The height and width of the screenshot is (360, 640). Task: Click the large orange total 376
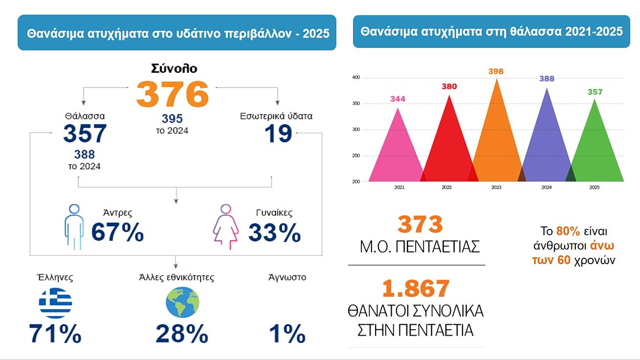pyautogui.click(x=173, y=94)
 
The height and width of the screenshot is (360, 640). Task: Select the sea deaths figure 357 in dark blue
pyautogui.click(x=85, y=134)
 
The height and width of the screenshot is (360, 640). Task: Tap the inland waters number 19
pyautogui.click(x=278, y=134)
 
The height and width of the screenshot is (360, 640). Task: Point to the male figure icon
pyautogui.click(x=74, y=227)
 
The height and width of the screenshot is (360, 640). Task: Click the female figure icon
pyautogui.click(x=226, y=227)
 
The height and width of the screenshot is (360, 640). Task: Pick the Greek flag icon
pyautogui.click(x=55, y=303)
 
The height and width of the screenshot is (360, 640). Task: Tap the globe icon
pyautogui.click(x=182, y=302)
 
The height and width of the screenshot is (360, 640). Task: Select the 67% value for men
pyautogui.click(x=117, y=232)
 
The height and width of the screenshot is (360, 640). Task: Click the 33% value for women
pyautogui.click(x=275, y=232)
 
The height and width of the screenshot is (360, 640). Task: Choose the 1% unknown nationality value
pyautogui.click(x=287, y=334)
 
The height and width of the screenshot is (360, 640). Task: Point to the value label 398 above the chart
pyautogui.click(x=496, y=71)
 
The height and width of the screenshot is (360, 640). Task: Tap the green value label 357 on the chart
pyautogui.click(x=595, y=92)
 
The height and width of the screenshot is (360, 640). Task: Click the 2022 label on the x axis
pyautogui.click(x=446, y=187)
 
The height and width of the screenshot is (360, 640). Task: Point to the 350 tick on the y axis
pyautogui.click(x=356, y=103)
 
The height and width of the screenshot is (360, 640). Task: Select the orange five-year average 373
pyautogui.click(x=420, y=224)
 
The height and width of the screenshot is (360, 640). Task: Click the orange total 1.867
pyautogui.click(x=416, y=288)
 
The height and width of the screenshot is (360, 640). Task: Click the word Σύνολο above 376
pyautogui.click(x=174, y=68)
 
